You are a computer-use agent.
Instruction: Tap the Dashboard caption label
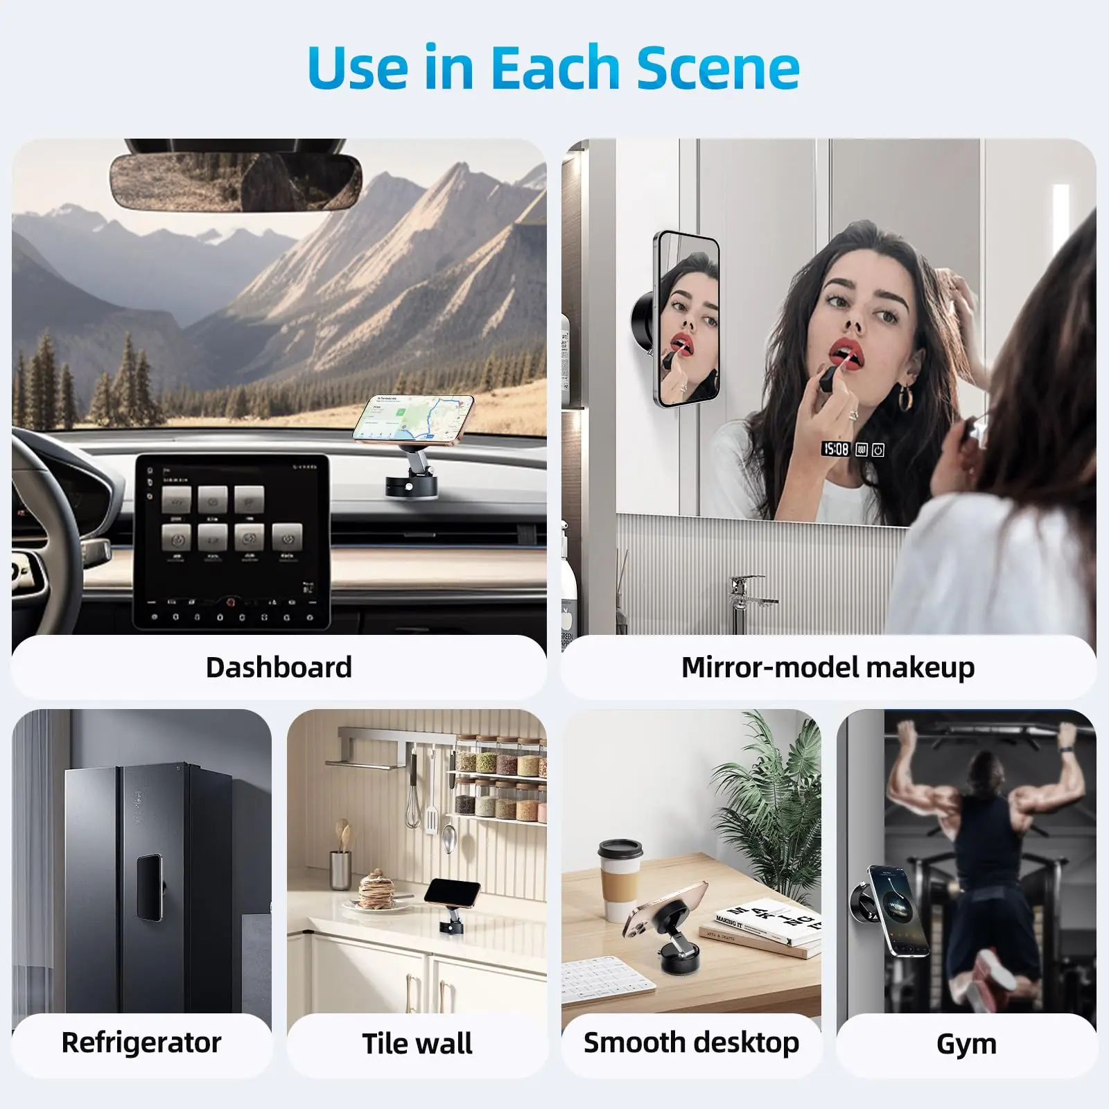[x=279, y=667]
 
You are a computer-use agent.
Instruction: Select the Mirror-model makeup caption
[x=828, y=667]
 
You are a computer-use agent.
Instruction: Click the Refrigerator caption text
[x=141, y=1042]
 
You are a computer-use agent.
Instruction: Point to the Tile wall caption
[x=417, y=1043]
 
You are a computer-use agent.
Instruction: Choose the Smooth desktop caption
[x=691, y=1042]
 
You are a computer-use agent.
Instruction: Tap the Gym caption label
[x=966, y=1043]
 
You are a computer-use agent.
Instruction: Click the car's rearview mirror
[x=236, y=182]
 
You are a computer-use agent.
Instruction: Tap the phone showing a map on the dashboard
[x=414, y=419]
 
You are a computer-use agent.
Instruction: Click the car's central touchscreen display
[x=231, y=541]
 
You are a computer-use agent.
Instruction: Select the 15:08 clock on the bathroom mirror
[x=836, y=449]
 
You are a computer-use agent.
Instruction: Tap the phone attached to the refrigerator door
[x=149, y=887]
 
